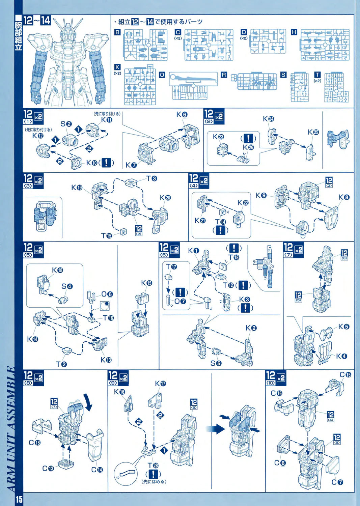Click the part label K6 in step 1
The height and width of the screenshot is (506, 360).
pos(182,115)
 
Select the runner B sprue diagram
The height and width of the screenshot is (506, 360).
pos(145,45)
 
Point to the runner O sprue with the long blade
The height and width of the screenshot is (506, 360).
pos(193,86)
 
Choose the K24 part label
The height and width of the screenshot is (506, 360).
pos(269,119)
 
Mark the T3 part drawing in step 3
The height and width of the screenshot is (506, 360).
pos(132,183)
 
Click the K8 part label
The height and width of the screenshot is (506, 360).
pos(344,197)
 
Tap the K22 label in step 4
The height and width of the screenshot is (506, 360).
pos(243,202)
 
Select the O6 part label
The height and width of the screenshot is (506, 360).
pos(107,294)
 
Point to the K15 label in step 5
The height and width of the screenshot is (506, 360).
pos(146,283)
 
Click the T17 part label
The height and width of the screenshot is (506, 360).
pos(171,266)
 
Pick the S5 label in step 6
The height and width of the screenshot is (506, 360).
pos(216,363)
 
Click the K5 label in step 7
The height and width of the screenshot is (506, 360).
pos(344,327)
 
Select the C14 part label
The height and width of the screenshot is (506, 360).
pos(97,470)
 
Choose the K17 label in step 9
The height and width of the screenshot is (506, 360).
pos(161,384)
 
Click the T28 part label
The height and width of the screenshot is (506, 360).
pos(153,466)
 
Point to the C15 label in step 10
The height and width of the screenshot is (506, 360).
pos(345,374)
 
